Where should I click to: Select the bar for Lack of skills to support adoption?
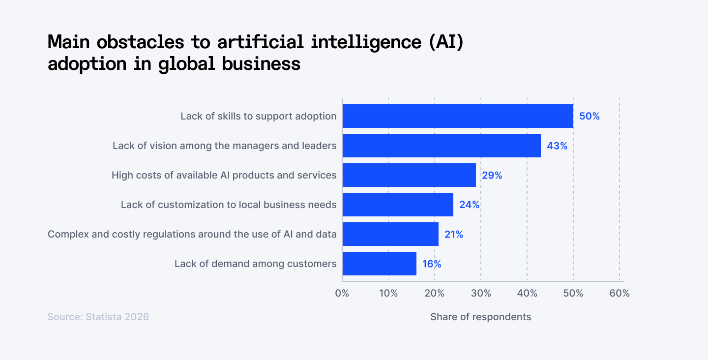click(457, 116)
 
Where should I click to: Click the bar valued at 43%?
click(441, 146)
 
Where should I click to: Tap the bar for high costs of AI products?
click(409, 175)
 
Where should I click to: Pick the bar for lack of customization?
click(397, 205)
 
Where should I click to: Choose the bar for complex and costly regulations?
click(390, 234)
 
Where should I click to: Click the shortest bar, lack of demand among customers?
click(379, 264)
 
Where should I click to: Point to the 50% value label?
click(589, 117)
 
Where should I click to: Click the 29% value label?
click(492, 176)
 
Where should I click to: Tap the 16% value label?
click(431, 264)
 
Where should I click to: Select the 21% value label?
click(453, 235)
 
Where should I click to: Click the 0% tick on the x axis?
click(342, 294)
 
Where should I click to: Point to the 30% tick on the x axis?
click(481, 294)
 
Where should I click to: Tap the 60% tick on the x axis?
click(619, 294)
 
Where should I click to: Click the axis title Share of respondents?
click(480, 317)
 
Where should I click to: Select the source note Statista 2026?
click(98, 317)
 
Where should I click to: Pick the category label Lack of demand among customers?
click(255, 264)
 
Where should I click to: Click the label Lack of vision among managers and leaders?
click(224, 146)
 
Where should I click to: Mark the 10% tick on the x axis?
click(388, 294)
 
